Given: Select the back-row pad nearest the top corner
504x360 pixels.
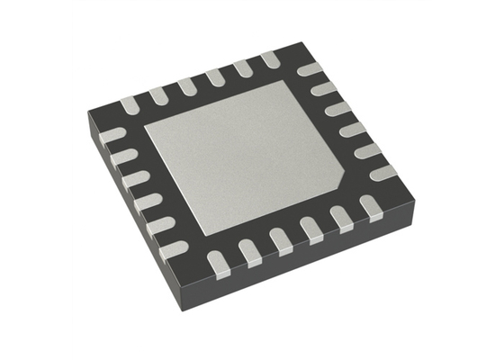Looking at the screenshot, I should coord(269,59).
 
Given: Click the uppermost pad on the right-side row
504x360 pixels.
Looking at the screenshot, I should coord(310,70).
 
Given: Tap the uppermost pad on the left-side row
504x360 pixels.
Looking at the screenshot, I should coord(112,136).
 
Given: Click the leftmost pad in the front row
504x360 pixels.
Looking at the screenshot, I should coord(217,262).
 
